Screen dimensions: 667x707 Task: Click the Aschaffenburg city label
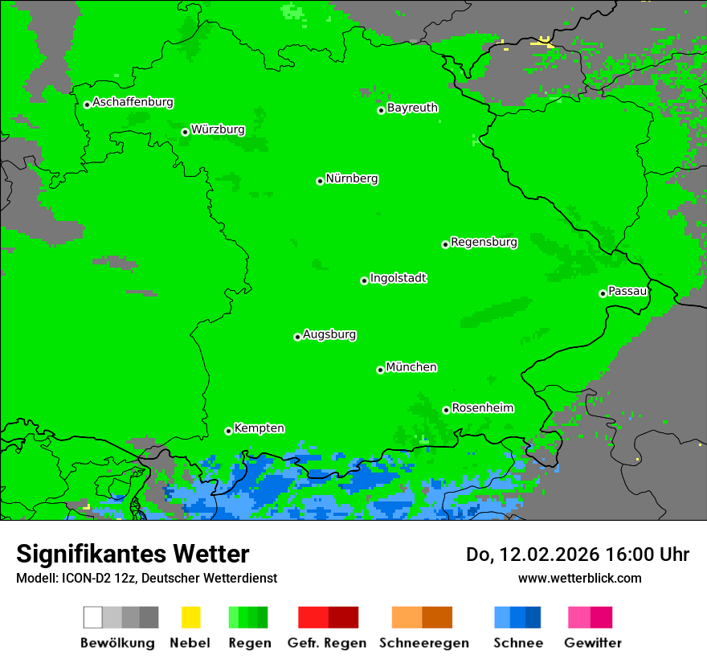133,102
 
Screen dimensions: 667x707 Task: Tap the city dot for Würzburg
185,132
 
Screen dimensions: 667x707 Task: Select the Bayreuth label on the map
412,108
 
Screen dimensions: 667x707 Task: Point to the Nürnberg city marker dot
320,182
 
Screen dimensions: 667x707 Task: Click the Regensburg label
484,242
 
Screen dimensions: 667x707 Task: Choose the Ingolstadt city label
398,278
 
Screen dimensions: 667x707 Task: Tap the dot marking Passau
603,293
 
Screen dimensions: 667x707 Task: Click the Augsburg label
329,334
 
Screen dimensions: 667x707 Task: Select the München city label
411,367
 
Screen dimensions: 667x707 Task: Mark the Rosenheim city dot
446,410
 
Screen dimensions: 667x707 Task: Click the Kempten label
259,428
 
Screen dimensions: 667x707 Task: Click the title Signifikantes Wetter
133,554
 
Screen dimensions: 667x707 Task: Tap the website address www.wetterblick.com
579,578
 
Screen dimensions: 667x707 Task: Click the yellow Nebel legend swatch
190,617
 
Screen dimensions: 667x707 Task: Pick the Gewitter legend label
592,643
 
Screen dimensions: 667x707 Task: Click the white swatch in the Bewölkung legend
93,617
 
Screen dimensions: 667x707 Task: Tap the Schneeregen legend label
423,643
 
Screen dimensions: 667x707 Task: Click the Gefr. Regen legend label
327,643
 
